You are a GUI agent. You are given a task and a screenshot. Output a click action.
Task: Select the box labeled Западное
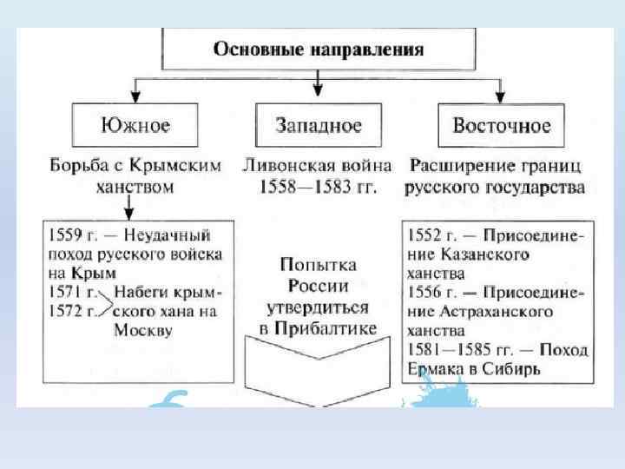318,125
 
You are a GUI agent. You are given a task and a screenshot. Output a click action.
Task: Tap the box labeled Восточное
501,125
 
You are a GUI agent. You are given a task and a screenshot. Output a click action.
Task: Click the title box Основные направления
319,49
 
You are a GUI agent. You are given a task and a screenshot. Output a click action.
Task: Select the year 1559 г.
71,234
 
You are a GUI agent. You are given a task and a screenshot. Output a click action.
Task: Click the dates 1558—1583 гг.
318,186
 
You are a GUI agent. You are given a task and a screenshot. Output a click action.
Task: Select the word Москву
143,330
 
